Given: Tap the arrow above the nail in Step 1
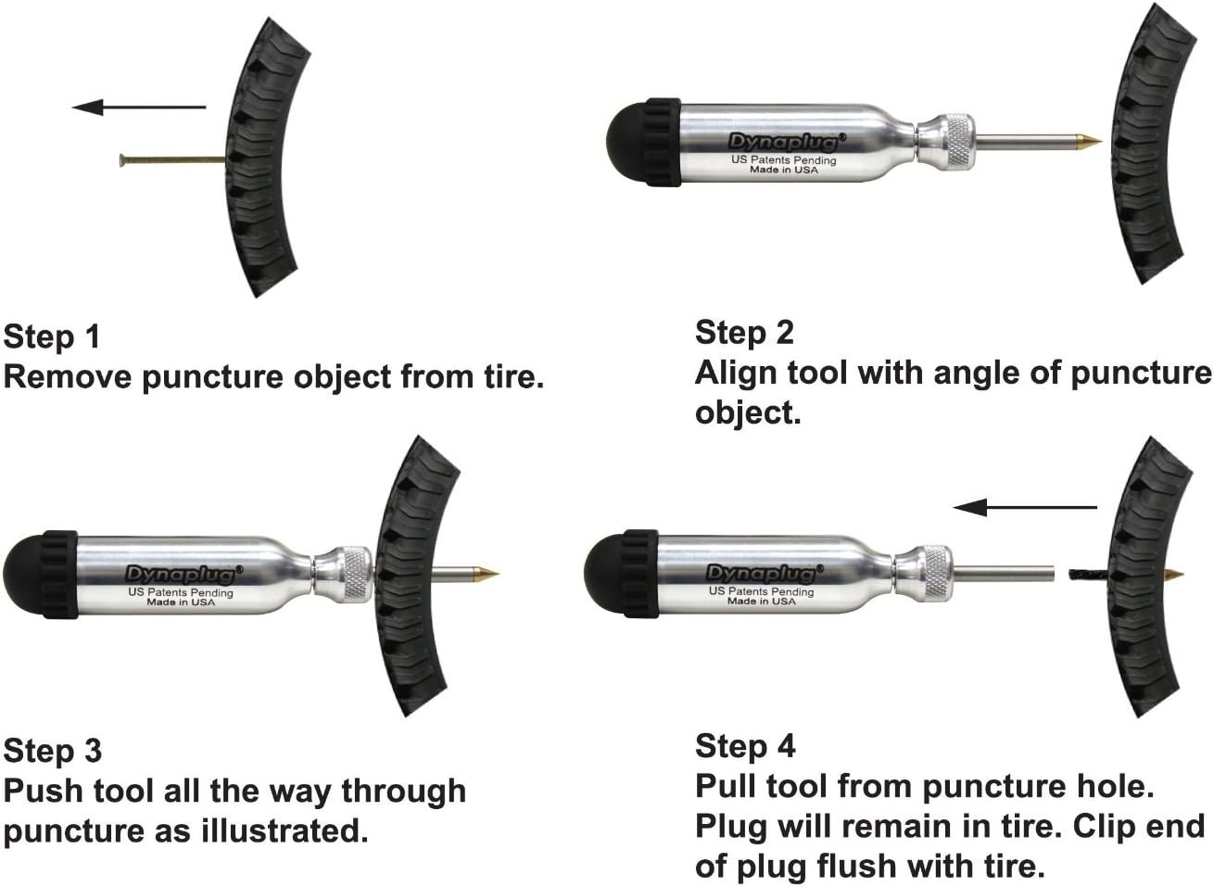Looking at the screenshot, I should (139, 108).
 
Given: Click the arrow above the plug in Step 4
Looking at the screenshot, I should (1025, 507).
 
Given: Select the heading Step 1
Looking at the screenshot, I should (51, 336).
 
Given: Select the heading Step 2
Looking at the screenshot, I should (744, 332).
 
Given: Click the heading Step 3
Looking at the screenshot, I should (52, 750).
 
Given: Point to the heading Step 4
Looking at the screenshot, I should (745, 745).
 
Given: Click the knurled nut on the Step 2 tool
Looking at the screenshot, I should (954, 142).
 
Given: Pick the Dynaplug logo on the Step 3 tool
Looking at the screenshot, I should (182, 574).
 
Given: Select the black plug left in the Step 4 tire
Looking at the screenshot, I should (1097, 575).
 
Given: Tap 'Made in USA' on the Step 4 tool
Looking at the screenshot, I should (761, 602).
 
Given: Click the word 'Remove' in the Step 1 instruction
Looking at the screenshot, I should (70, 377).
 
